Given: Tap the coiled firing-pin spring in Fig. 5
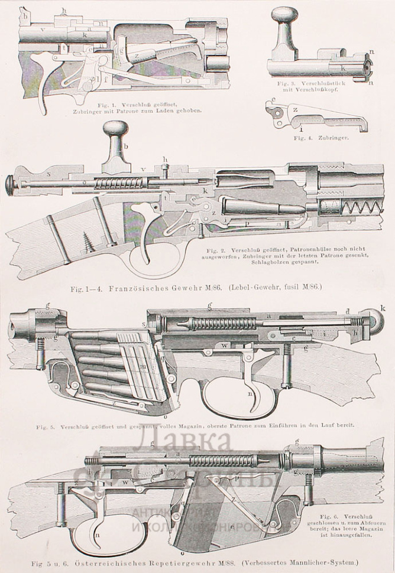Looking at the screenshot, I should tap(225, 324).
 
